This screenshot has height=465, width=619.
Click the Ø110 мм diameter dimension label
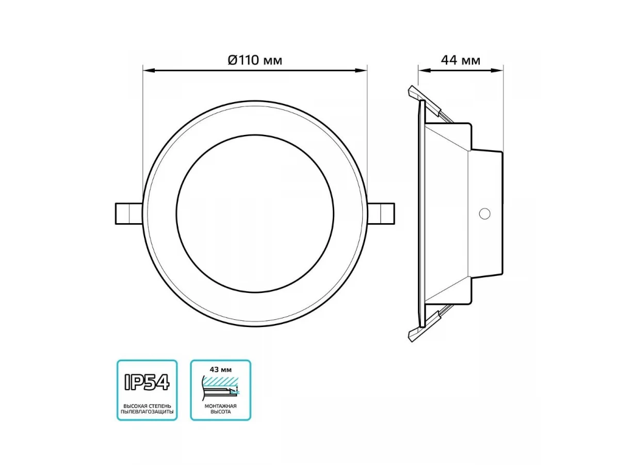(255, 60)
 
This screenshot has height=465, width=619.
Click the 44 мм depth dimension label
(460, 60)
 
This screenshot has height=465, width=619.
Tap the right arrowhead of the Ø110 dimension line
(361, 70)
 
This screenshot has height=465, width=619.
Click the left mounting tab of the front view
(128, 214)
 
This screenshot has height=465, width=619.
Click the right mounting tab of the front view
(381, 214)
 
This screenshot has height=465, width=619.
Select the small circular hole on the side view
(484, 214)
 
